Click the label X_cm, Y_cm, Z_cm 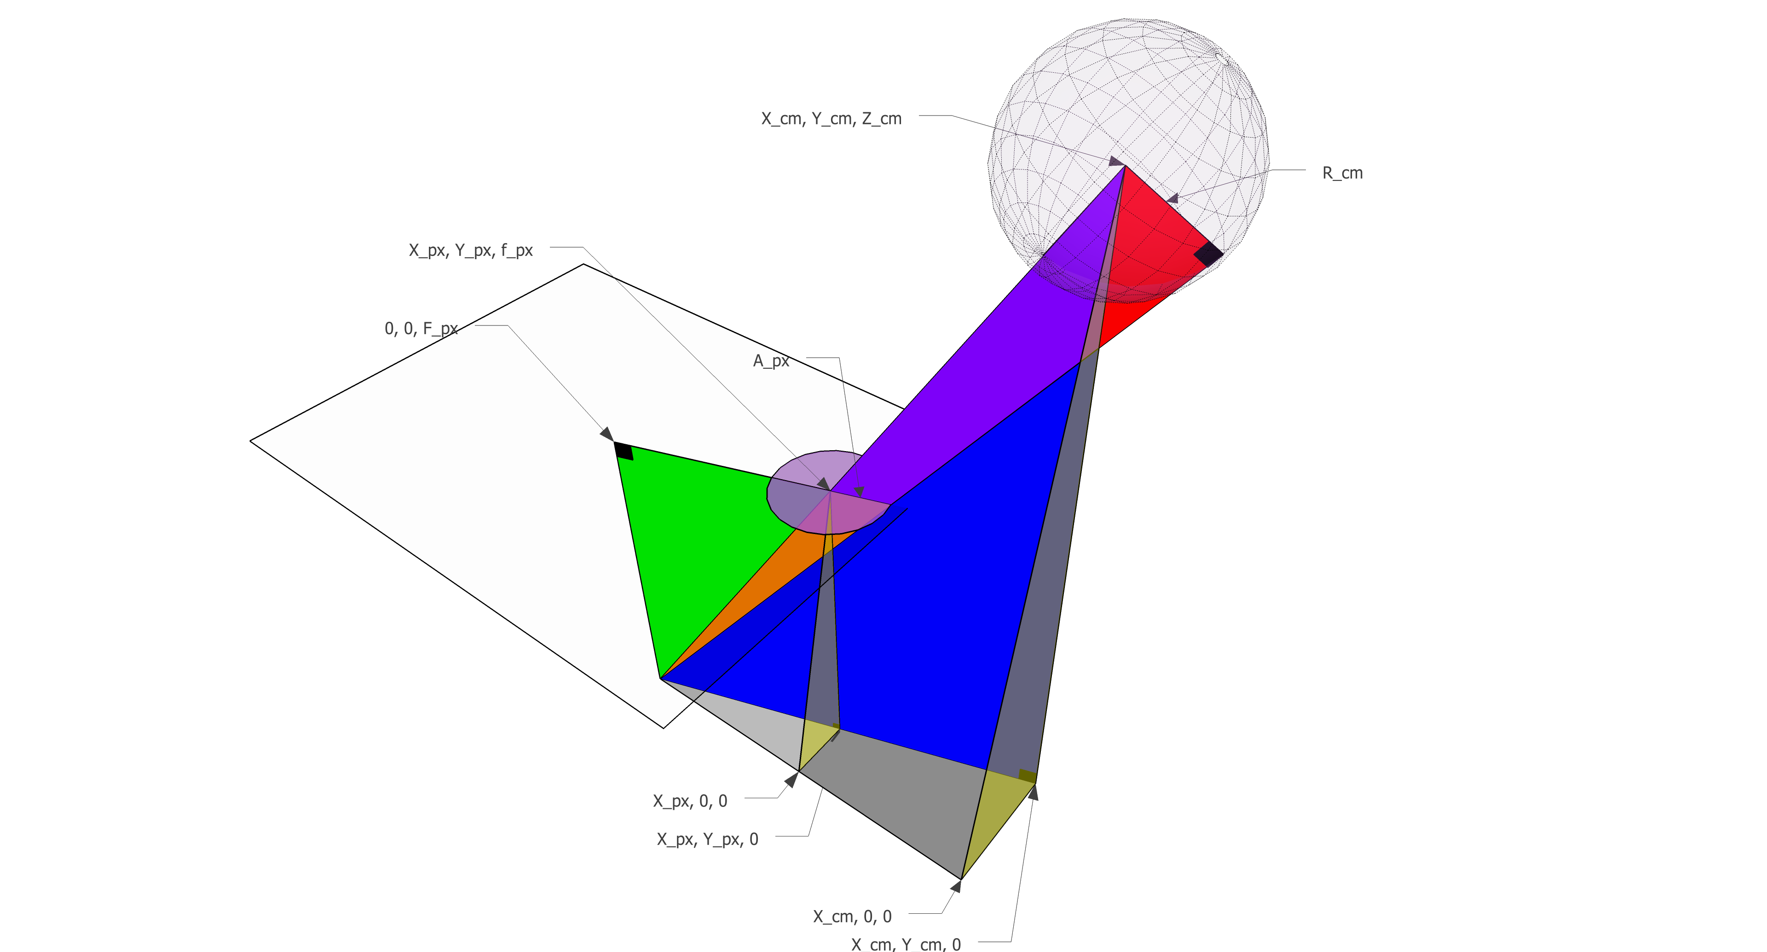point(832,119)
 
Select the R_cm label point(1342,173)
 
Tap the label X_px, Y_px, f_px point(471,250)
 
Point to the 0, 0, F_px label point(421,329)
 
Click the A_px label point(771,361)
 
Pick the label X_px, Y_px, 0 point(707,839)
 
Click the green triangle point(693,535)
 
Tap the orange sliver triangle point(762,590)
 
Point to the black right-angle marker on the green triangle point(624,451)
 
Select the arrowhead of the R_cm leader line point(1173,199)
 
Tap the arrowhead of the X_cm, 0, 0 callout point(956,886)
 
